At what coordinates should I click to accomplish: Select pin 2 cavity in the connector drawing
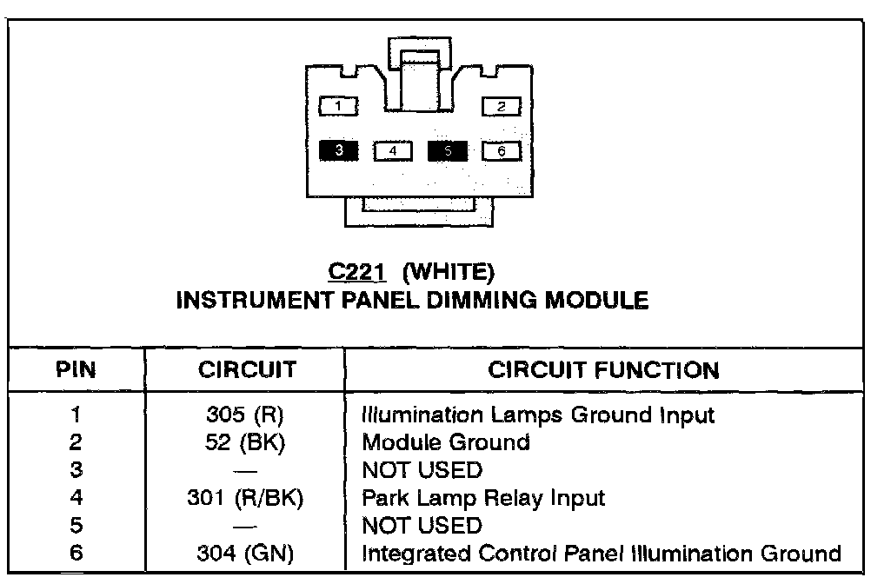click(x=502, y=106)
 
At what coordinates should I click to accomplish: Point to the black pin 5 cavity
click(x=448, y=151)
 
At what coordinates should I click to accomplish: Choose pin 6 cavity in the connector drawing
click(x=502, y=151)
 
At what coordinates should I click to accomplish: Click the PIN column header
click(x=76, y=370)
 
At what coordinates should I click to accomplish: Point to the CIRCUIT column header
click(x=247, y=370)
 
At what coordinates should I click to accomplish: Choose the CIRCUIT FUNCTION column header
click(x=604, y=370)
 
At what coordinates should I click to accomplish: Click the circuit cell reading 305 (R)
click(x=247, y=415)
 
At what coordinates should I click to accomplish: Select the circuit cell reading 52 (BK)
click(x=247, y=442)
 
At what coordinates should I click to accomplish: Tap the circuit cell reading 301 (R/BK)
click(x=247, y=498)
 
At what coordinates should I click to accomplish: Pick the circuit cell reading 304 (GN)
click(x=247, y=554)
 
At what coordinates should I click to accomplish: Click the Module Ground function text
click(x=446, y=442)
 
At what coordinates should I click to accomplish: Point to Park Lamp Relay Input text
click(x=483, y=498)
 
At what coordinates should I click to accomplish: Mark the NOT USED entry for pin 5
click(x=422, y=526)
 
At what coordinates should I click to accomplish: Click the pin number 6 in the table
click(x=76, y=554)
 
